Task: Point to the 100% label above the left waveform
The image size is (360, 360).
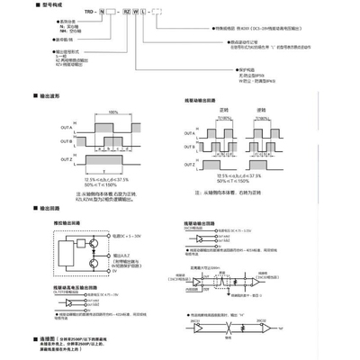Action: [112, 113]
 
